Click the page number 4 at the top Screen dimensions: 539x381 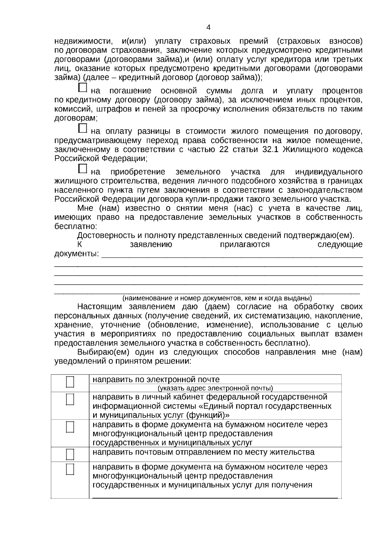208,27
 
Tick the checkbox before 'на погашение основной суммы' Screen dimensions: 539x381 83,88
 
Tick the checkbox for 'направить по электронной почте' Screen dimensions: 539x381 70,382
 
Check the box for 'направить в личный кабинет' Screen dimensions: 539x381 70,399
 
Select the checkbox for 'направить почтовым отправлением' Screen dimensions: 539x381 70,454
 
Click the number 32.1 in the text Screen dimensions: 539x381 271,150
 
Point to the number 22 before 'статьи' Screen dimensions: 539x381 224,150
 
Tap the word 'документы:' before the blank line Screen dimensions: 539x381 77,254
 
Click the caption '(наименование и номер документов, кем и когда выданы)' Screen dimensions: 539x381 217,298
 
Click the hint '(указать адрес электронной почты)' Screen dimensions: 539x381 215,388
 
